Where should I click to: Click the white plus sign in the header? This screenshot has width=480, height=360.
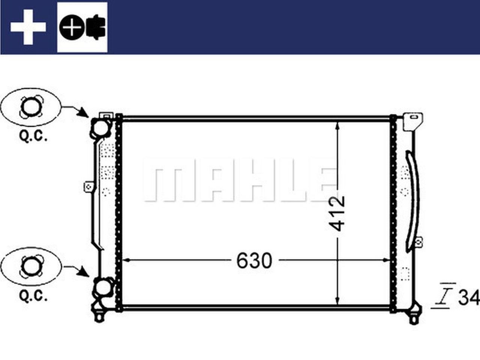click(28, 27)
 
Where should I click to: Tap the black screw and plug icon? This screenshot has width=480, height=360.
click(82, 27)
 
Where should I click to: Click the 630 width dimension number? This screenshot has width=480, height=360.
click(254, 260)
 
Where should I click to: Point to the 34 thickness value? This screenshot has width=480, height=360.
click(468, 298)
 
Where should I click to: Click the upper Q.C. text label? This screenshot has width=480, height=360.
click(33, 136)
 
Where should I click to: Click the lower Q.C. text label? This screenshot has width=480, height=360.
click(33, 297)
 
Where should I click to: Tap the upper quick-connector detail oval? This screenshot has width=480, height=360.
click(30, 107)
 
